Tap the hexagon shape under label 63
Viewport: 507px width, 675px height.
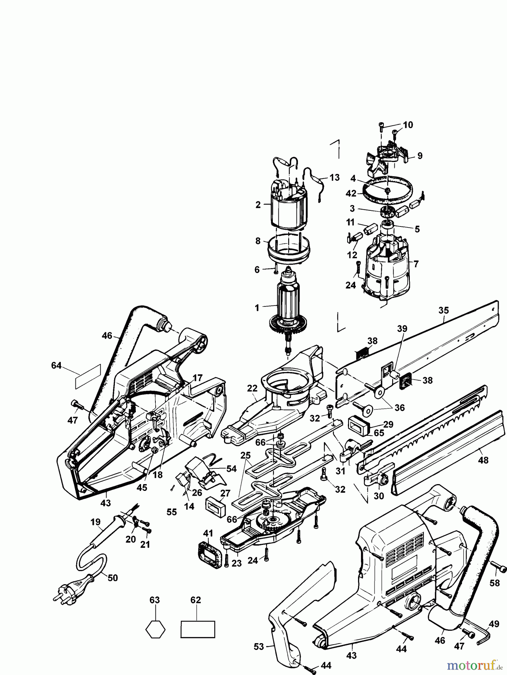click(155, 629)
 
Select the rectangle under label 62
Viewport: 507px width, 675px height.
click(198, 629)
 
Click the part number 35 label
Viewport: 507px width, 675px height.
click(443, 310)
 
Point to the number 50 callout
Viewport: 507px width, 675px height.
click(113, 577)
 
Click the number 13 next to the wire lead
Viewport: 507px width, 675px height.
click(334, 177)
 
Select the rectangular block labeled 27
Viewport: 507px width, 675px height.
click(215, 508)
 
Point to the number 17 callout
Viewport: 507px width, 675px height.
click(197, 378)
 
